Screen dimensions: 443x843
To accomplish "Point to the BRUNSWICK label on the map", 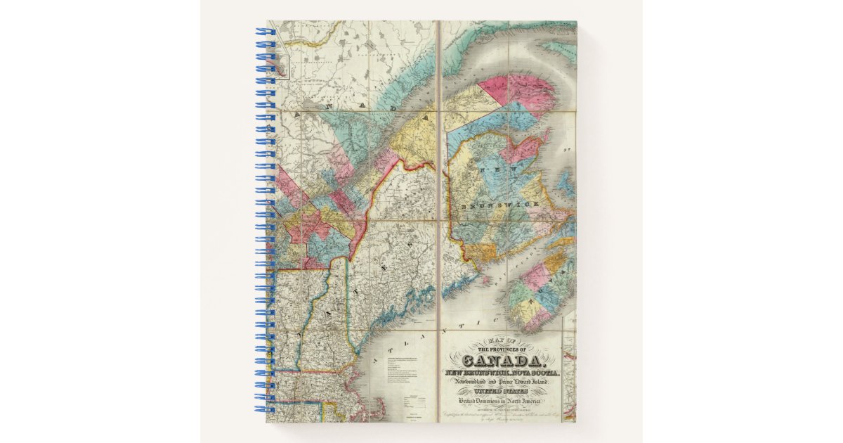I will (500, 204).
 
